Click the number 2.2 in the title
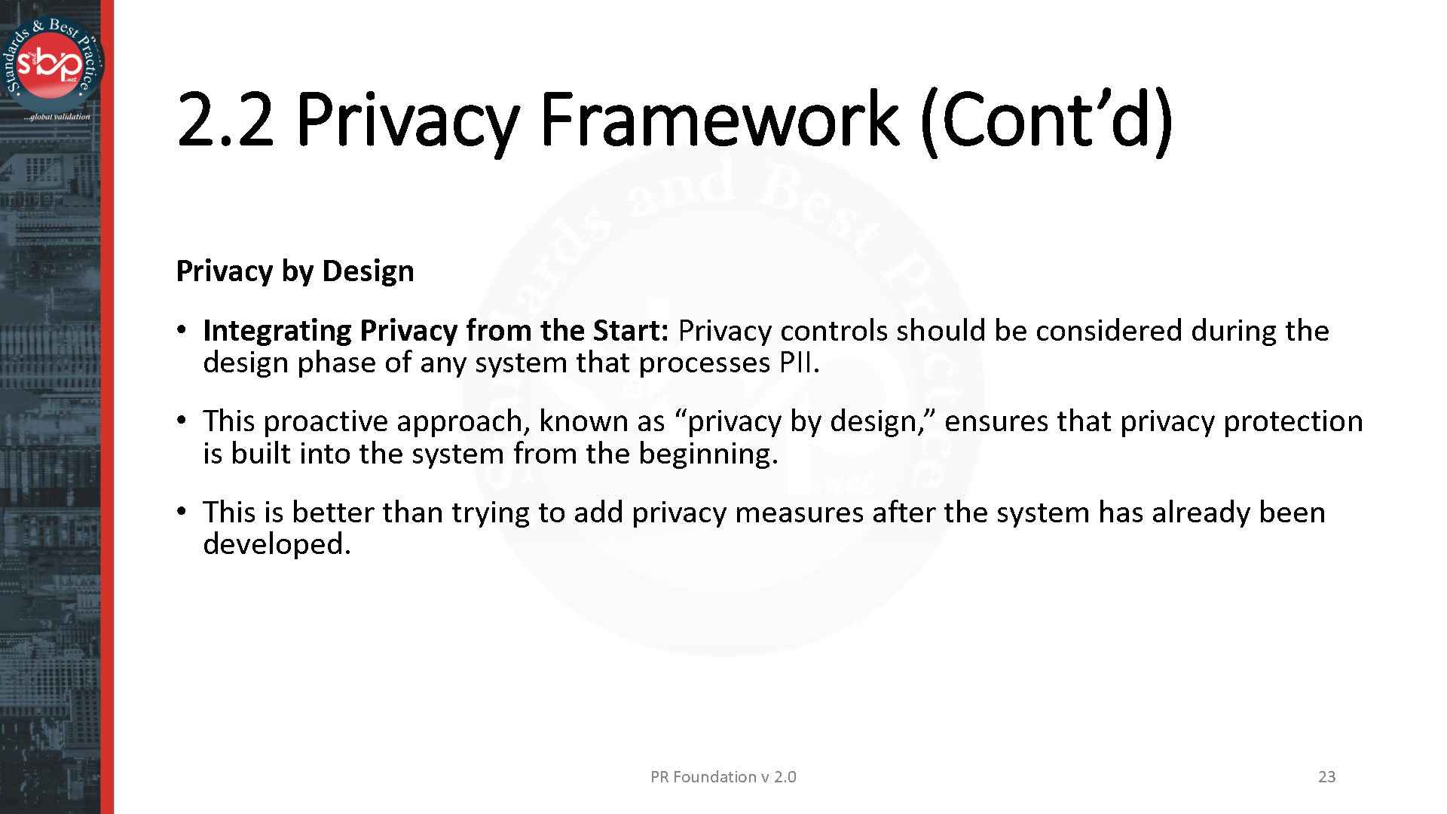pyautogui.click(x=225, y=119)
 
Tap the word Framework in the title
pyautogui.click(x=720, y=119)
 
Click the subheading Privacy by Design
pyautogui.click(x=295, y=271)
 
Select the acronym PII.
pyautogui.click(x=799, y=363)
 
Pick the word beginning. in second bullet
pyautogui.click(x=708, y=454)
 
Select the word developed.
pyautogui.click(x=277, y=544)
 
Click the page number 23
pyautogui.click(x=1326, y=777)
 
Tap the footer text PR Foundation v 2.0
pyautogui.click(x=723, y=777)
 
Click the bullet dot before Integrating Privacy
pyautogui.click(x=181, y=330)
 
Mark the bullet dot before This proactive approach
pyautogui.click(x=181, y=421)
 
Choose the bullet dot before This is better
pyautogui.click(x=181, y=512)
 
